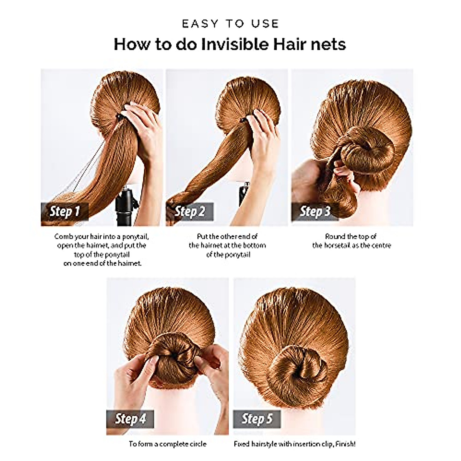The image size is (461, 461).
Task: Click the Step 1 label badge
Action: click(x=65, y=211)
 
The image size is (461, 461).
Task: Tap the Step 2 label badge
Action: click(x=190, y=211)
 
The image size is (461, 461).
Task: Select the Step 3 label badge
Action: click(x=315, y=211)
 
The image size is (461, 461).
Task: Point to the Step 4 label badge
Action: click(x=131, y=418)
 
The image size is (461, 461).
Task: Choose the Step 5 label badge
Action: click(x=257, y=418)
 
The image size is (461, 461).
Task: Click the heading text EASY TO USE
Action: click(x=230, y=24)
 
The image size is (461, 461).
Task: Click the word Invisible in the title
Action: click(x=235, y=44)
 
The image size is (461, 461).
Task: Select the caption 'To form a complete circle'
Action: click(x=167, y=444)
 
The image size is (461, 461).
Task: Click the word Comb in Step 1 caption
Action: click(x=62, y=236)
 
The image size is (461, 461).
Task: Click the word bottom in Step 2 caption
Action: click(x=254, y=245)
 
